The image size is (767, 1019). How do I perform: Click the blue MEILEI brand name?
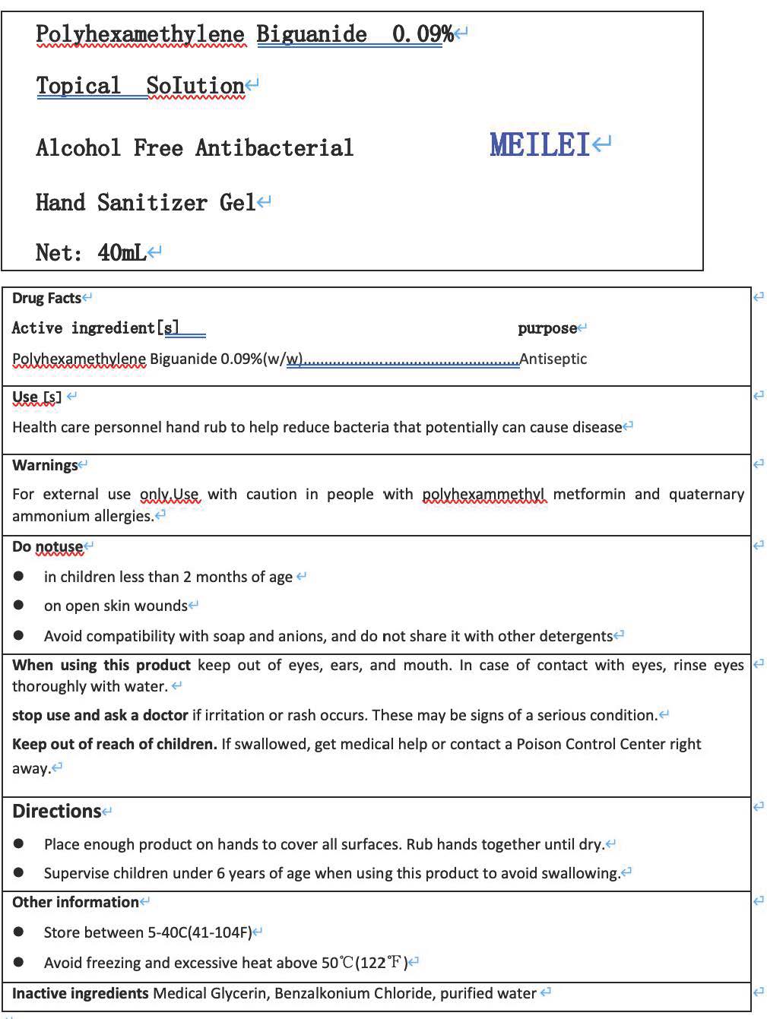tap(540, 144)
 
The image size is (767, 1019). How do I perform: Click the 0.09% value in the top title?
tap(423, 34)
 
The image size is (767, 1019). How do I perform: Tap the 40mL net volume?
tap(122, 252)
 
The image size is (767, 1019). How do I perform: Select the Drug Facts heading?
tap(46, 298)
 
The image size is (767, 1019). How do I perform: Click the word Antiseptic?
tap(553, 359)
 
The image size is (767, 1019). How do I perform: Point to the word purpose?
tap(547, 328)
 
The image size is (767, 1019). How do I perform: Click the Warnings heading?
tap(45, 465)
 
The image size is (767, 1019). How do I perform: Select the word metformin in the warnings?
tap(589, 494)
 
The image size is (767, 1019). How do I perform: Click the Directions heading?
tap(56, 812)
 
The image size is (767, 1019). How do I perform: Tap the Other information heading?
tap(75, 902)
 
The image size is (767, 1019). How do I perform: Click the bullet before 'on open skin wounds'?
tap(19, 606)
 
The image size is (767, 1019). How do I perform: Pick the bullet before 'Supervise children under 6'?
tap(19, 873)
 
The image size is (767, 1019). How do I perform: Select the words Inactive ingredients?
tap(80, 993)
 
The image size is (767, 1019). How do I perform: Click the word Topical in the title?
tap(78, 86)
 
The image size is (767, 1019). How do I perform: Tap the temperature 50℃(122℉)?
tap(365, 963)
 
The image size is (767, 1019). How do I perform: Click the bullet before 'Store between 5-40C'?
tap(19, 932)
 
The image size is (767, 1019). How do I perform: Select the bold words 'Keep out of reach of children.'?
tap(115, 744)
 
